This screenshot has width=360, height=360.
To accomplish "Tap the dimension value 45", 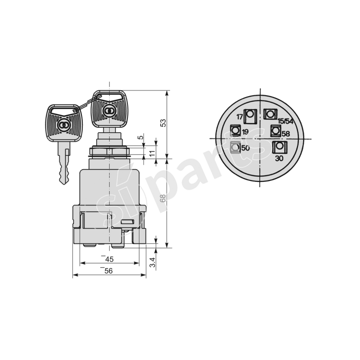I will pos(108,259).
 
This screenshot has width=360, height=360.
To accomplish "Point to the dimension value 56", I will pos(108,270).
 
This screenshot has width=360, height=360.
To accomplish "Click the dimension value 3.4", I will pos(153,263).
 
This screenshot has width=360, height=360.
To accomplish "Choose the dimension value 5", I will pos(140,137).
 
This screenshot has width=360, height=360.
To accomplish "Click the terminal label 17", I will pos(239,117).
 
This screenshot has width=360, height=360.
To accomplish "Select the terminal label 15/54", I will pos(286,121).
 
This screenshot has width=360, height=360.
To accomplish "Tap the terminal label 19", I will pos(245,132).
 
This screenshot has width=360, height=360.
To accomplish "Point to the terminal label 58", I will pos(285,134).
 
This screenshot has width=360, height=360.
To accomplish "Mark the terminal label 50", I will pos(245,148).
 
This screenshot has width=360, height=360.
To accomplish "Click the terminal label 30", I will pos(279,158).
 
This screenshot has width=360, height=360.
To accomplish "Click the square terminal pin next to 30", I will pos(279,147).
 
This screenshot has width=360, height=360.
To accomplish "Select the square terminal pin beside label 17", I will pos(250,116).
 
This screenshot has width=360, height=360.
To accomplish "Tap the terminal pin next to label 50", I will pos(234,147).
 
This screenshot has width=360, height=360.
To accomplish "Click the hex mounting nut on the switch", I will pos(109,152).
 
